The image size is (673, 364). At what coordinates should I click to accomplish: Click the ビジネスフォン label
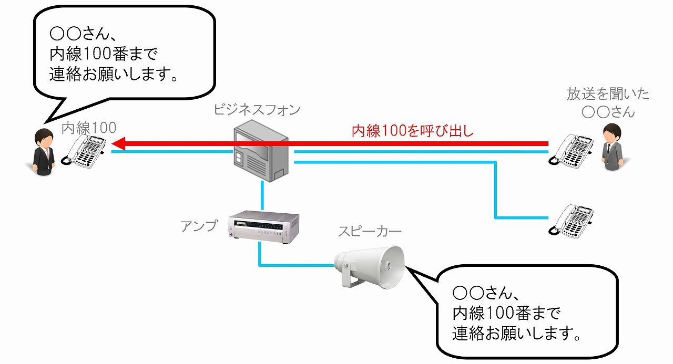257,110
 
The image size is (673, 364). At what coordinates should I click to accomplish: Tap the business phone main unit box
261,151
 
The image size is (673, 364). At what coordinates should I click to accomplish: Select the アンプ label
198,225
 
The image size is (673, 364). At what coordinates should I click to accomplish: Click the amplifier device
263,227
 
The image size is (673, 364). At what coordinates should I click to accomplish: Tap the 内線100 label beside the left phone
88,128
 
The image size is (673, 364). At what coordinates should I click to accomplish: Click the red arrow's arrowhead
118,143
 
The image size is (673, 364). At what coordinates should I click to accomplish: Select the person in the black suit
42,153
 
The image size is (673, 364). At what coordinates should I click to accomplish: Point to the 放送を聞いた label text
608,95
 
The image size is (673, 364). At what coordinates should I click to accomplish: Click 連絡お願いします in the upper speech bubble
112,74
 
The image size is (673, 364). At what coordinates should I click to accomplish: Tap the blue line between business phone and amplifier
261,197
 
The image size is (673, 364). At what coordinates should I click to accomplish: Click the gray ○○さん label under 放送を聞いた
608,111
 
